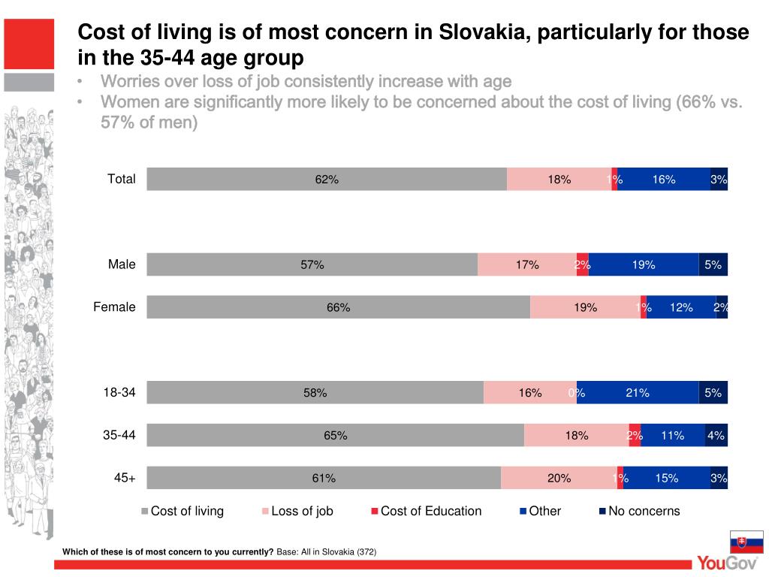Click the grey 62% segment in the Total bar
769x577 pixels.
click(327, 180)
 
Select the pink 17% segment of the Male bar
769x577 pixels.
click(527, 264)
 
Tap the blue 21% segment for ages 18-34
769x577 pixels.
click(638, 392)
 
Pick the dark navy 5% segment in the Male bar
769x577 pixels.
click(713, 264)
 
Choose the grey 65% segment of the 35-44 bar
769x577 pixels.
click(335, 435)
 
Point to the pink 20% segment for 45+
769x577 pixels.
click(559, 479)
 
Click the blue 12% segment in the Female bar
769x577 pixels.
click(681, 307)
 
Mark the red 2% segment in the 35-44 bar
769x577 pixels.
click(635, 435)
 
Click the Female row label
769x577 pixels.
click(114, 307)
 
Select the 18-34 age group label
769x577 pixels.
click(119, 392)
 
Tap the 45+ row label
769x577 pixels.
click(125, 478)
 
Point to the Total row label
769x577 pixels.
click(122, 179)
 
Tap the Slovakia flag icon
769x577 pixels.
click(746, 542)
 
